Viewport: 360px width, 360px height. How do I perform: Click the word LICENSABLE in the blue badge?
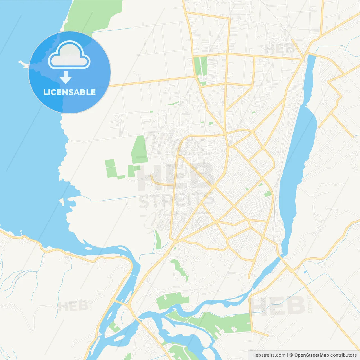coord(69,92)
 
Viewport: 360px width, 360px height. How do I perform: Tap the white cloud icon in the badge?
coord(69,56)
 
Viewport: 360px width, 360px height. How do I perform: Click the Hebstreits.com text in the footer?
coord(269,355)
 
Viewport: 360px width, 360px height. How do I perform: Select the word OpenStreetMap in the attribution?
coord(311,355)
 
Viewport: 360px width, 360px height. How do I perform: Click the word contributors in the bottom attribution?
coord(343,355)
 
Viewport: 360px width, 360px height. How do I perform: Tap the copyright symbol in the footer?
coord(291,355)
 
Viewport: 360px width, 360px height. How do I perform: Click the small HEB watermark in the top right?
coord(280,49)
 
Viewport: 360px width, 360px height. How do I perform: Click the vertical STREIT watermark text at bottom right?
coord(310,304)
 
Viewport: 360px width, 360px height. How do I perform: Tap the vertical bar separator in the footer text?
coord(287,355)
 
